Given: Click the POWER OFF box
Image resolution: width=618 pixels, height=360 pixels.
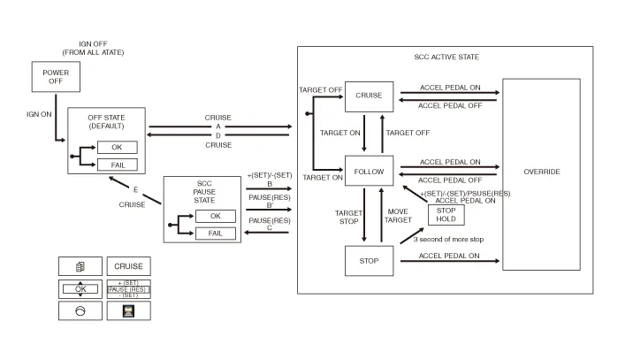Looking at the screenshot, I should pyautogui.click(x=55, y=77).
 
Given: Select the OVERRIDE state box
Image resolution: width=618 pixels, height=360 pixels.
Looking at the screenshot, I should pyautogui.click(x=541, y=172).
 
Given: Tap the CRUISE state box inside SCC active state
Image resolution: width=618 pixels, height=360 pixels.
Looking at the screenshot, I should pyautogui.click(x=368, y=96).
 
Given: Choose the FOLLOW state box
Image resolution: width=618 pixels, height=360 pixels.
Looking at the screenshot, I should pyautogui.click(x=368, y=171).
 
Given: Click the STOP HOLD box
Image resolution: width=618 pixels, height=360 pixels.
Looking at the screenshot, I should pyautogui.click(x=446, y=213).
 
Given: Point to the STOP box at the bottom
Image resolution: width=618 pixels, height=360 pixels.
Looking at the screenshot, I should pyautogui.click(x=368, y=261).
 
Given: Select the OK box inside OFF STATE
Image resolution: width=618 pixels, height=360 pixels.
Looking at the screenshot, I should pyautogui.click(x=117, y=148).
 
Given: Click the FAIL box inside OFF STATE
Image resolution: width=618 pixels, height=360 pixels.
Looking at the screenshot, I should pyautogui.click(x=117, y=165).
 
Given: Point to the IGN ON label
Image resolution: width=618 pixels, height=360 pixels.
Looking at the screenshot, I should pyautogui.click(x=40, y=115).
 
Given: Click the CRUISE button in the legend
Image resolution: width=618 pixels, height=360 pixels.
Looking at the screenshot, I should pyautogui.click(x=128, y=266).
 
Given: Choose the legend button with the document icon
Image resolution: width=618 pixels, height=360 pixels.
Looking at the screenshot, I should pyautogui.click(x=80, y=266).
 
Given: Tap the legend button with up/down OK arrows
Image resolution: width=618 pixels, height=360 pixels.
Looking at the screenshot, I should pyautogui.click(x=80, y=288).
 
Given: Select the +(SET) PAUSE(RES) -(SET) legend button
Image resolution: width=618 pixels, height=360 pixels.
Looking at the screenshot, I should pyautogui.click(x=128, y=288).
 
